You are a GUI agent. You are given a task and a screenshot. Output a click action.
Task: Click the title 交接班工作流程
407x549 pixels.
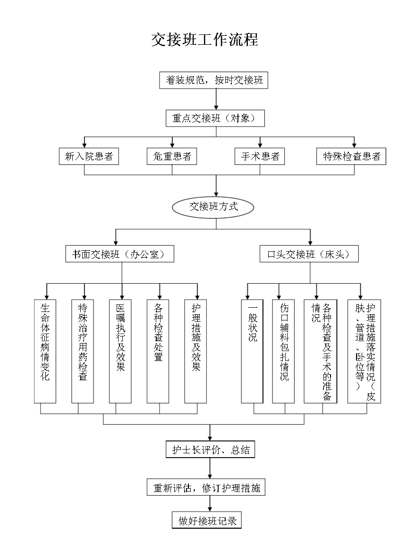[x=204, y=40]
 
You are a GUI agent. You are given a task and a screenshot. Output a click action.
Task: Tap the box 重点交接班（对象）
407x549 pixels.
[x=215, y=118]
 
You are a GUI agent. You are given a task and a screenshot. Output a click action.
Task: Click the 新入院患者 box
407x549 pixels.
[x=89, y=156]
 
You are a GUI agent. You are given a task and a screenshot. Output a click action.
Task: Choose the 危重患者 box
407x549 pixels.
[x=172, y=156]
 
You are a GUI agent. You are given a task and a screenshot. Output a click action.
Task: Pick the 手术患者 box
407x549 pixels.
[x=260, y=156]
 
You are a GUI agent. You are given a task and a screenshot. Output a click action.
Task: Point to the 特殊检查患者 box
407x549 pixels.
[x=351, y=156]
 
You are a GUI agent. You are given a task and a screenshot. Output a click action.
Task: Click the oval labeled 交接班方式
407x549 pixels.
[x=213, y=207]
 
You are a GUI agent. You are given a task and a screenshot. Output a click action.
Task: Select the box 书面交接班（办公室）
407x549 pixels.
[x=119, y=254]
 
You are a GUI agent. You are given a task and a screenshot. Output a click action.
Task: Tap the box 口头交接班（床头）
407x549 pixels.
[x=309, y=254]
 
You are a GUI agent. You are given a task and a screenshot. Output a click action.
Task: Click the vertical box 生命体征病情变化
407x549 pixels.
[x=45, y=351]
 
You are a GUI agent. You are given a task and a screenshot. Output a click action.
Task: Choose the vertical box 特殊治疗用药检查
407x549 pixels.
[x=83, y=351]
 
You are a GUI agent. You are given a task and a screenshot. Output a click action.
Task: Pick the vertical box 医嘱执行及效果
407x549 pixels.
[x=120, y=351]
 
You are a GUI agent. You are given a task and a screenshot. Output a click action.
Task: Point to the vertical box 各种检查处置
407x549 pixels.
[x=158, y=351]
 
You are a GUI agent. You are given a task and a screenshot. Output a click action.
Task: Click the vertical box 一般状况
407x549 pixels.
[x=253, y=351]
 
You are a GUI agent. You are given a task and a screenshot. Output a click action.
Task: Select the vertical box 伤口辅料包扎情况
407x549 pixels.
[x=284, y=351]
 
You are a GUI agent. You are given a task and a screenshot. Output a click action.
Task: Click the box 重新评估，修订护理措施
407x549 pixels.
[x=206, y=488]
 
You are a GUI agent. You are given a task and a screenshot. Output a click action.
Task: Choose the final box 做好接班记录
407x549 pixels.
[x=207, y=521]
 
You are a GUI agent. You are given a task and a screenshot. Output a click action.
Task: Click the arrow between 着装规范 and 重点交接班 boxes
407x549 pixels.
[x=216, y=99]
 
